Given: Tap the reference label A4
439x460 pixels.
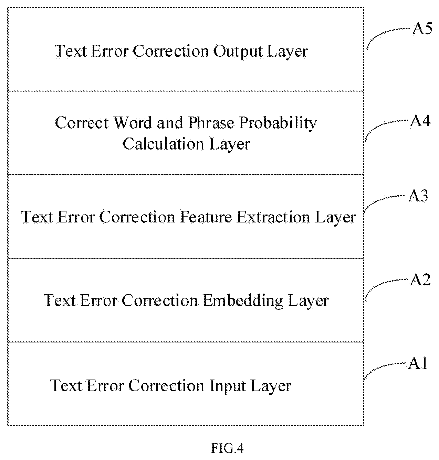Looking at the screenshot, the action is (x=420, y=121).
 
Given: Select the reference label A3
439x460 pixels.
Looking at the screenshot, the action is (x=418, y=196).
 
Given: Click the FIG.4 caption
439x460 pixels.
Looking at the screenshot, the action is (x=227, y=449).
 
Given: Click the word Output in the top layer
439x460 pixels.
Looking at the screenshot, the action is (x=238, y=52).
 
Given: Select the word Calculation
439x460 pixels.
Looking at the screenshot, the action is (x=163, y=144).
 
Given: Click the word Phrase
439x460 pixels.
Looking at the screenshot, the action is (x=211, y=123).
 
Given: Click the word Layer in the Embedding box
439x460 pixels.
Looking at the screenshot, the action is (x=308, y=302).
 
